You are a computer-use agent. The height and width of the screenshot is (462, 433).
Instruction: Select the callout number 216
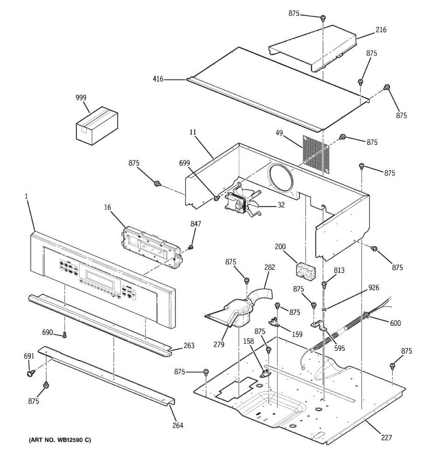[381, 30]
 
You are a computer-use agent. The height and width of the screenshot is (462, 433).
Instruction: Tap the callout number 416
[158, 79]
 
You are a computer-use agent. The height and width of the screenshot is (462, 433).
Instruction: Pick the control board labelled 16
[152, 246]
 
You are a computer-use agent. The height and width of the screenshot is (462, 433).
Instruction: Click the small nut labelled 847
[191, 247]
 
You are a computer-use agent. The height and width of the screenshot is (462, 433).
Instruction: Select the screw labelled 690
[65, 335]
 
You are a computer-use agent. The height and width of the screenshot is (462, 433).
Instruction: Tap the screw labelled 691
[30, 373]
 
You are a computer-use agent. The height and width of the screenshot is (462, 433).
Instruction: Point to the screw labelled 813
[324, 285]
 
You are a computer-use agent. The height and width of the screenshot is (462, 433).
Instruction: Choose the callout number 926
[373, 288]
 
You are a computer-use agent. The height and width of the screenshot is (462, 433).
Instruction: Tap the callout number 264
[177, 425]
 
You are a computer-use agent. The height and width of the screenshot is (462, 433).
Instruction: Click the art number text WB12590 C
[59, 440]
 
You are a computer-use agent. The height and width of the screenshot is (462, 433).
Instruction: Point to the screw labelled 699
[217, 198]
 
